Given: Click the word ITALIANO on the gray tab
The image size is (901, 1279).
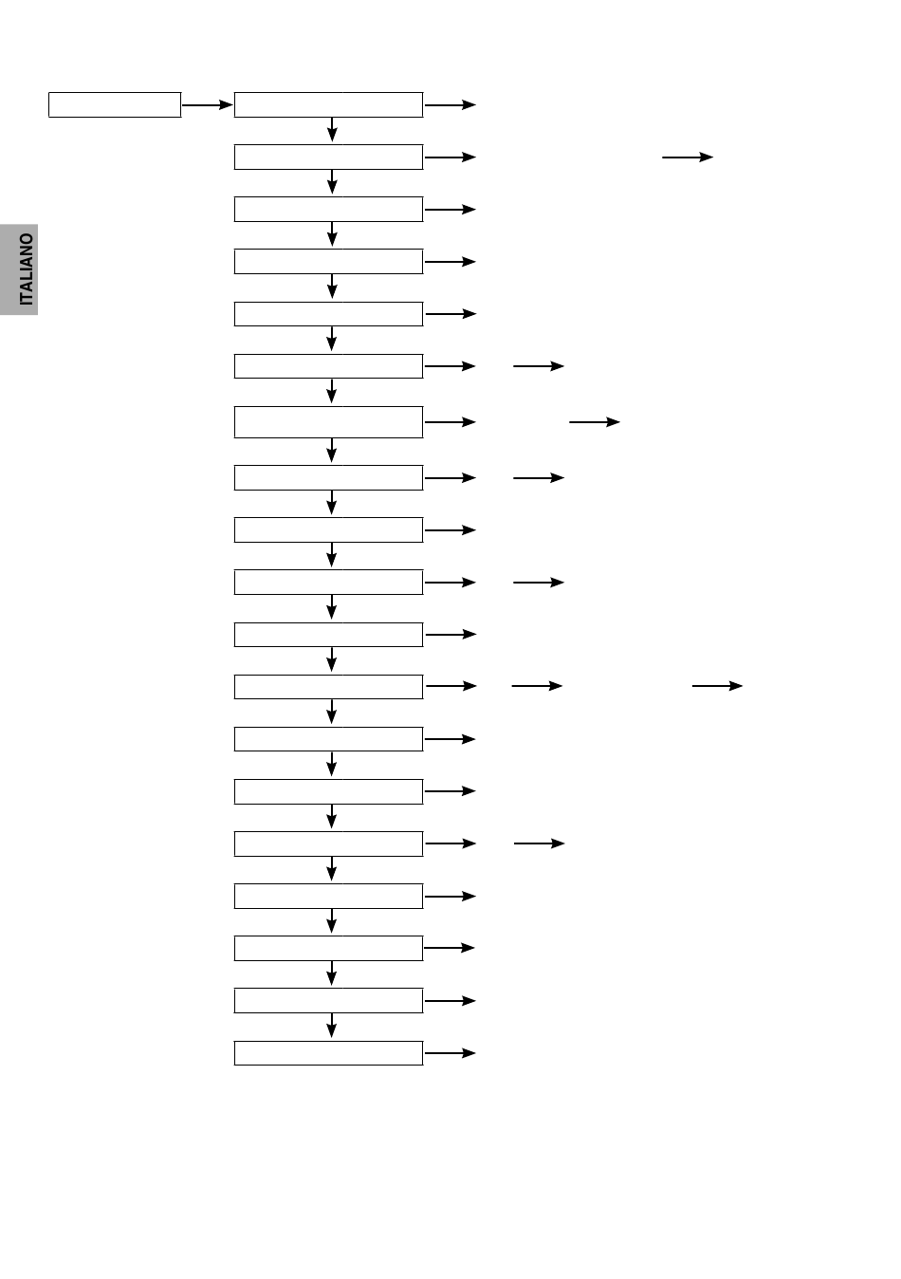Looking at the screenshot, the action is click(x=27, y=269).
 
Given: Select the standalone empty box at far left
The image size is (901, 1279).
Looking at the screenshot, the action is click(x=115, y=105).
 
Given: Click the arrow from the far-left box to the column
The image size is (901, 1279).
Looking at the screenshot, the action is click(x=207, y=105).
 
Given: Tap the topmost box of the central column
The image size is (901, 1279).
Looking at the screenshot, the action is click(x=329, y=105).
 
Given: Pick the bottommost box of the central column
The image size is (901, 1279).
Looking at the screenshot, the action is click(x=329, y=1053).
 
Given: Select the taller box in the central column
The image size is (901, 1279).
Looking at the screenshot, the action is click(x=329, y=422).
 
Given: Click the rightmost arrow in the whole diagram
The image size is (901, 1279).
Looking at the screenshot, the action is click(x=717, y=686).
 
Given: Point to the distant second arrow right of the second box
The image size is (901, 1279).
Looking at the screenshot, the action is click(x=688, y=157).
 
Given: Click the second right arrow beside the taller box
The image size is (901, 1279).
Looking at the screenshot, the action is click(x=595, y=422).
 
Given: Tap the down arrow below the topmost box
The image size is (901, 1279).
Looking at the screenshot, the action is click(x=332, y=130).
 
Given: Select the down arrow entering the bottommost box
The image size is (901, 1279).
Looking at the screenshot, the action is click(x=332, y=1026).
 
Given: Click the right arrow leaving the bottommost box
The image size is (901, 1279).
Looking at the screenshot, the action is click(x=450, y=1053).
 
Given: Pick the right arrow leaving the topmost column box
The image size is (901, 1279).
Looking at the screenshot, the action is click(x=450, y=105).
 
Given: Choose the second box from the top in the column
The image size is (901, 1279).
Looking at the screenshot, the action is click(x=329, y=157).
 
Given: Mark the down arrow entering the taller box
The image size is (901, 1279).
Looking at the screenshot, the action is click(x=332, y=391).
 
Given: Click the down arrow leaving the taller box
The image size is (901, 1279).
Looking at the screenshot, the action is click(x=332, y=450).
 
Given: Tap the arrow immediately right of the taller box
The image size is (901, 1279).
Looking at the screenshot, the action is click(x=450, y=422).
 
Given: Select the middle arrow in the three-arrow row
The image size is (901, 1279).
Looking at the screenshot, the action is click(x=537, y=686).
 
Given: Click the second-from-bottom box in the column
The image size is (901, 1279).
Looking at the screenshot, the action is click(x=329, y=1000).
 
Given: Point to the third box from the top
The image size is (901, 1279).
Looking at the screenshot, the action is click(x=329, y=209).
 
